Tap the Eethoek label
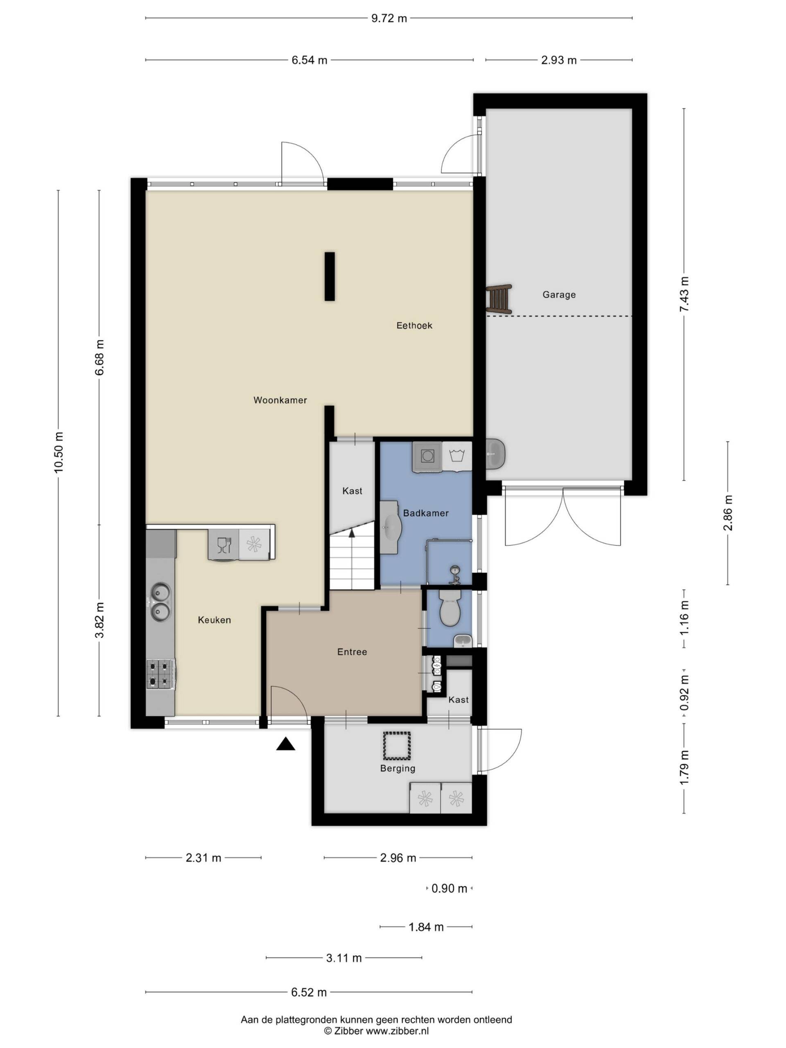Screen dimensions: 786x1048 [414, 325]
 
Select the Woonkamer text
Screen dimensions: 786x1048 [280, 400]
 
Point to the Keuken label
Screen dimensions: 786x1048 [214, 620]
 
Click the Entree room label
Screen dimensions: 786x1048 [352, 652]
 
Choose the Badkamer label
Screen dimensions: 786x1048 [425, 513]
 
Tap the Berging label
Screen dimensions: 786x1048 [398, 768]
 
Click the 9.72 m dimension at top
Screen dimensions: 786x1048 [389, 18]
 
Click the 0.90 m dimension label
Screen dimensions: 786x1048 [449, 888]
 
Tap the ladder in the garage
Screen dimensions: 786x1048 [499, 298]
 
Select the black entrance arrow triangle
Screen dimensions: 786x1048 [286, 744]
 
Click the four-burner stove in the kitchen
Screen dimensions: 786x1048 [160, 674]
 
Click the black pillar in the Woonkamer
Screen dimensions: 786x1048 [329, 276]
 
